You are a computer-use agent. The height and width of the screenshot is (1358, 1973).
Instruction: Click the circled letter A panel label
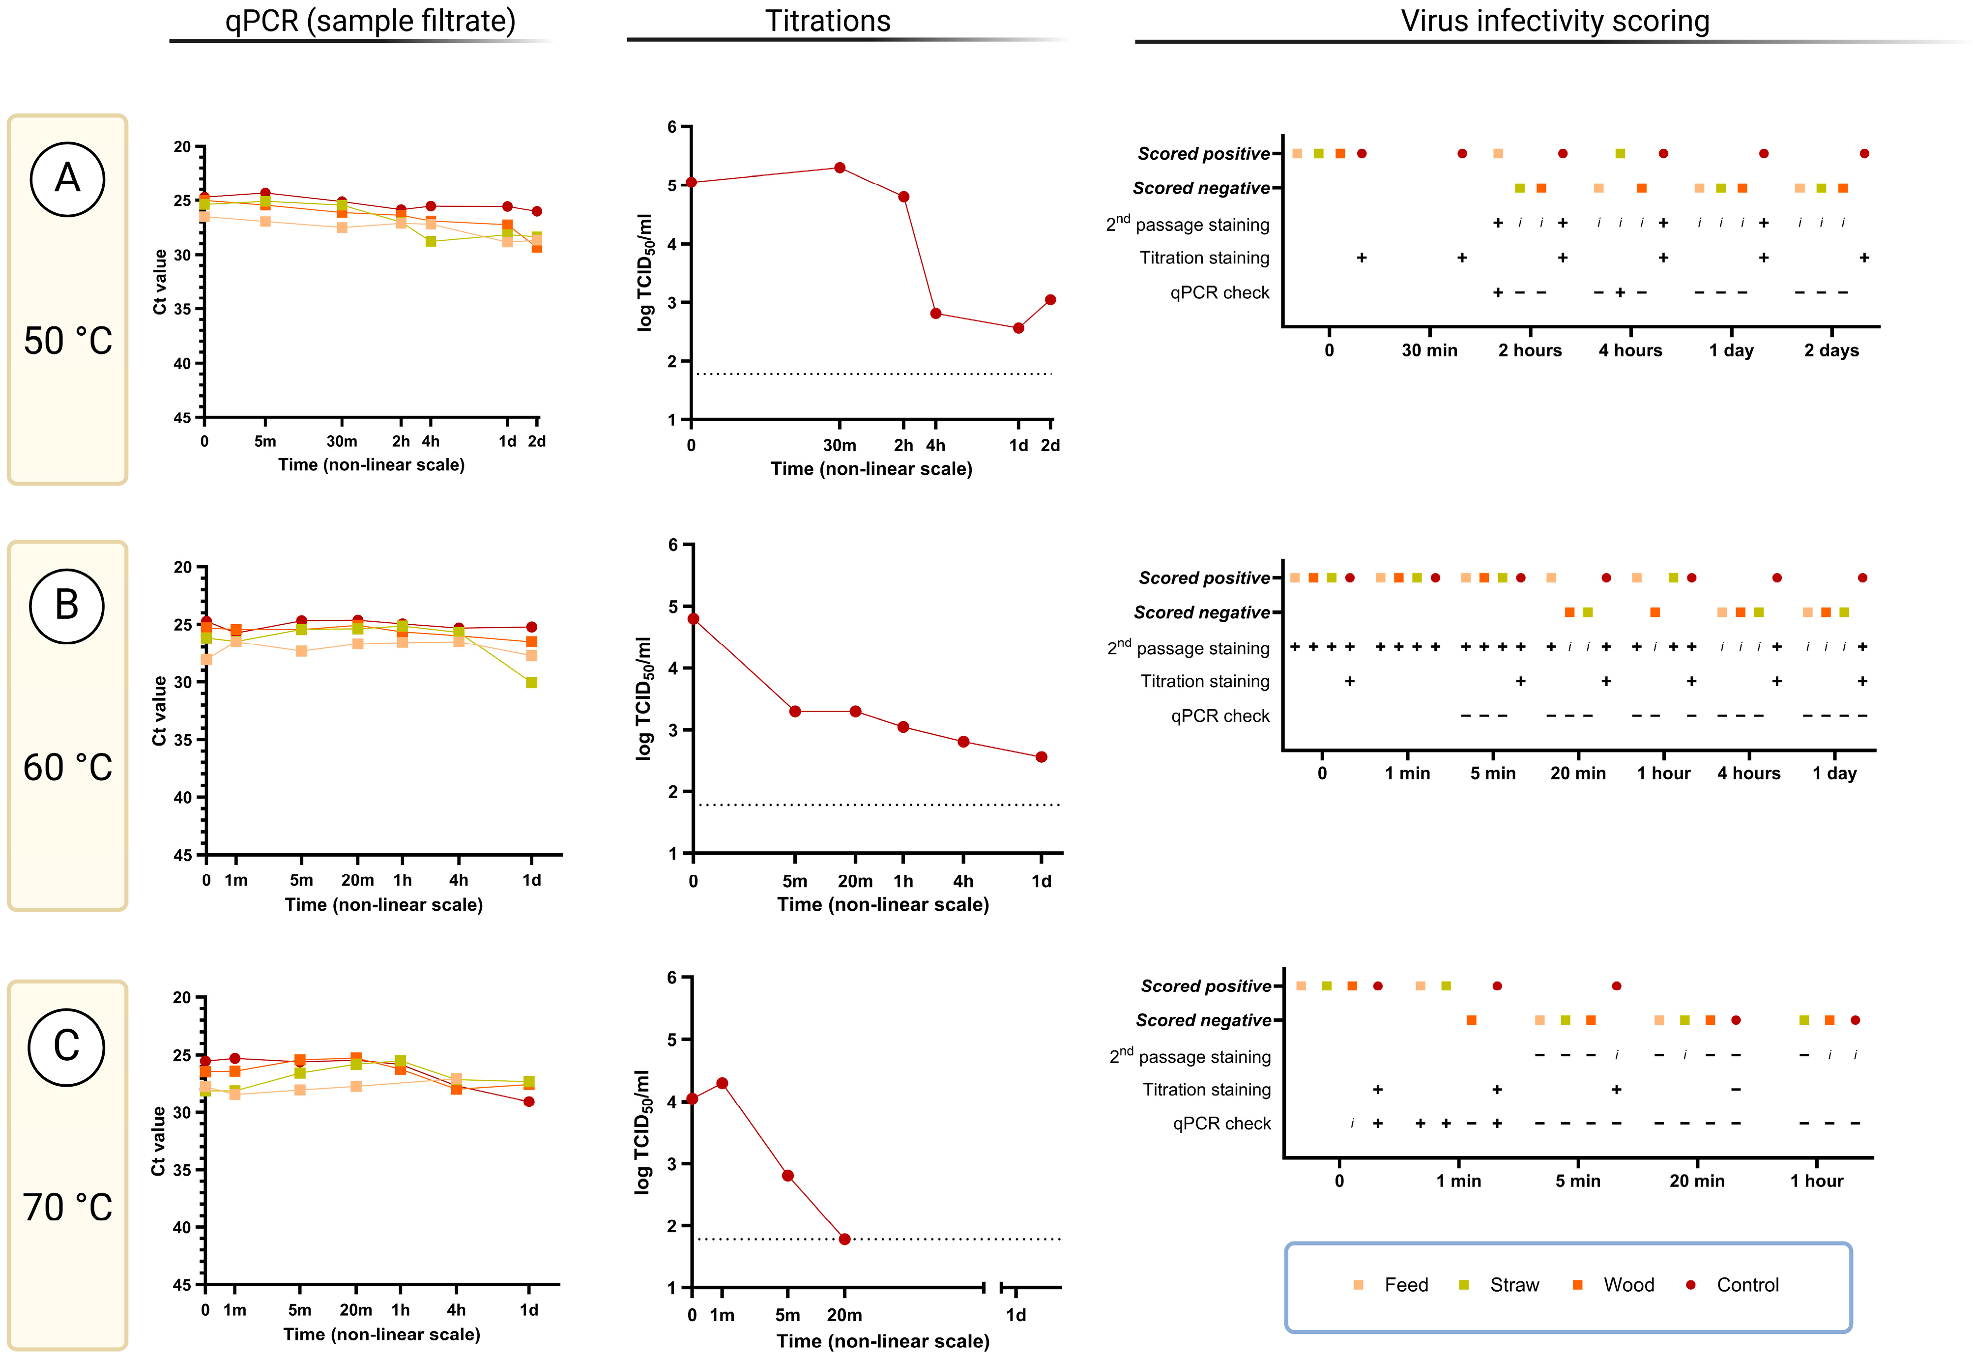click(67, 179)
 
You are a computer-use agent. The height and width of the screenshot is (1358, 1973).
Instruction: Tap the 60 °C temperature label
click(67, 768)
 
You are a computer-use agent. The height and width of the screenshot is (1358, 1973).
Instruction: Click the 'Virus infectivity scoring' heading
click(1554, 21)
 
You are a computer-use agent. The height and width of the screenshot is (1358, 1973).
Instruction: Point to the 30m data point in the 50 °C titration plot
click(840, 168)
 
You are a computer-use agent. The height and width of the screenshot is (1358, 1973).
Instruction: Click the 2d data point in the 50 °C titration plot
click(1051, 299)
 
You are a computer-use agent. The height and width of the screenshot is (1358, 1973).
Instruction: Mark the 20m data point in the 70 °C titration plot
click(844, 1239)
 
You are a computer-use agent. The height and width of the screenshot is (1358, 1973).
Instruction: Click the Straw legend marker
click(1464, 1285)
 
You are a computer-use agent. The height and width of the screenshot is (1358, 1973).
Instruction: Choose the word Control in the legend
click(1747, 1285)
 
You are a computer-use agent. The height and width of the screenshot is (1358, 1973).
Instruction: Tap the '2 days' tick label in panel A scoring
click(1831, 350)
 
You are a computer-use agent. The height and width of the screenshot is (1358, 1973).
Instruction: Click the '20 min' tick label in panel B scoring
click(1577, 774)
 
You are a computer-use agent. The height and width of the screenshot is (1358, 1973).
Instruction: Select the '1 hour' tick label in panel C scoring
click(1817, 1181)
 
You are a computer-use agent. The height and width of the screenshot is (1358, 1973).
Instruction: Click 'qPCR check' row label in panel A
click(1219, 293)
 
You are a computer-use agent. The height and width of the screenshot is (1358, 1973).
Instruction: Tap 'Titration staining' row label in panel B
click(1205, 682)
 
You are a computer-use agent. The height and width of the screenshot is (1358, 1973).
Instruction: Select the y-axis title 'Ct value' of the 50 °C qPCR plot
click(159, 282)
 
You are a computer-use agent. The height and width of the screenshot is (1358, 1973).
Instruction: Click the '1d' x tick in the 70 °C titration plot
click(1016, 1315)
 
